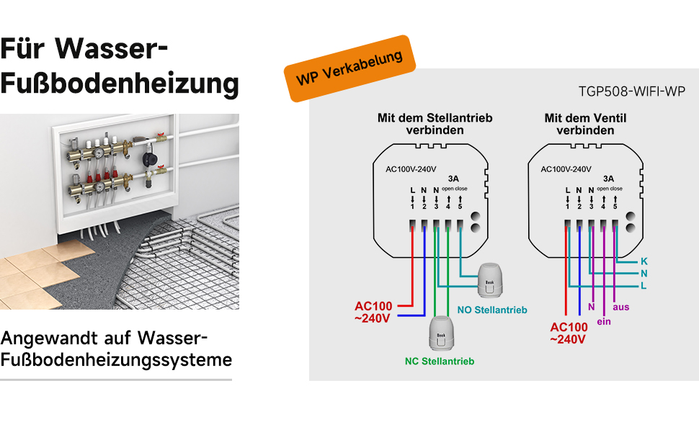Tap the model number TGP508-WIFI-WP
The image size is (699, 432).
631,91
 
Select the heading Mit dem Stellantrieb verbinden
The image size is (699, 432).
435,124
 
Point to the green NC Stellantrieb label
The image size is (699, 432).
439,361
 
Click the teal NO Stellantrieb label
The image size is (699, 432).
492,310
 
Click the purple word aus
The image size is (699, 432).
620,307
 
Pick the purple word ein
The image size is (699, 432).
604,321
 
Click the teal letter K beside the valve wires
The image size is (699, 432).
644,261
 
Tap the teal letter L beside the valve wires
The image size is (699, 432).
644,286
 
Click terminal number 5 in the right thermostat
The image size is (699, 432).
615,207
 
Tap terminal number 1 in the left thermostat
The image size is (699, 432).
412,207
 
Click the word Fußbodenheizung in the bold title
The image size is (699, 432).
120,84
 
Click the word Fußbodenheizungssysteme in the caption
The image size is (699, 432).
117,359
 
